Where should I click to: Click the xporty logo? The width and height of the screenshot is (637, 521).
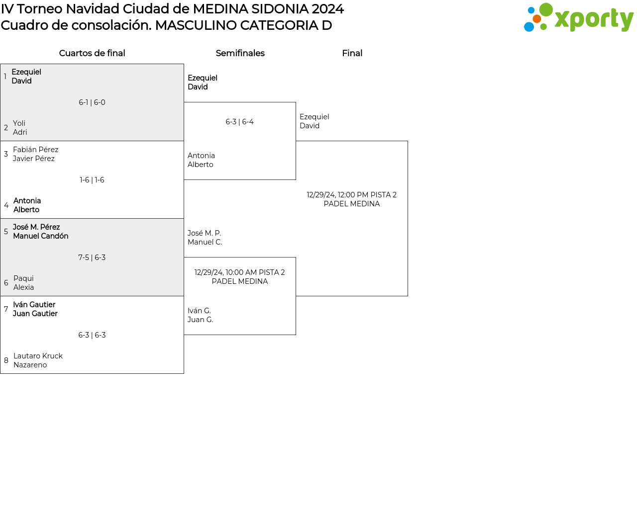578,18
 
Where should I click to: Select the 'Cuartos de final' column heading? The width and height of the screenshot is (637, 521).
92,53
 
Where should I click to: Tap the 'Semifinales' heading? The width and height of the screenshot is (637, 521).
240,53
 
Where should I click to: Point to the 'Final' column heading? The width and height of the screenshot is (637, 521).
352,53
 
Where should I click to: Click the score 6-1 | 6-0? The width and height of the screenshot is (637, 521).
92,102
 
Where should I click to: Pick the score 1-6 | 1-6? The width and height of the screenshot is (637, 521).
92,180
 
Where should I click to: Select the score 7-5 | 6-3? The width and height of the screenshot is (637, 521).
92,258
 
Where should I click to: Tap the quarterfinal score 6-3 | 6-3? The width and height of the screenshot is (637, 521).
92,335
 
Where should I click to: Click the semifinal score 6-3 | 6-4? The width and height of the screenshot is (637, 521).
239,122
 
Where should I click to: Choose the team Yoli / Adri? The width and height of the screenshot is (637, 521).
20,128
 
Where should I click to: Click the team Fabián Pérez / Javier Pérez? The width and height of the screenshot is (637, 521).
35,154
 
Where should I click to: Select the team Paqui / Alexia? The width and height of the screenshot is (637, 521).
23,283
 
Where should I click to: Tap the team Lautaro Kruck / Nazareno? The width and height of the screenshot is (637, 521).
38,360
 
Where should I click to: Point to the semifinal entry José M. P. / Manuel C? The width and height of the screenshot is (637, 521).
205,238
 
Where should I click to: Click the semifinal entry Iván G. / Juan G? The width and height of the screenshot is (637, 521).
200,315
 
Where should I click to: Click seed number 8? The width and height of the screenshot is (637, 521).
6,360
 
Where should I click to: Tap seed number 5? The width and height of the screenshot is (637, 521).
6,232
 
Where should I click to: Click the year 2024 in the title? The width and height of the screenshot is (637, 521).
327,9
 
